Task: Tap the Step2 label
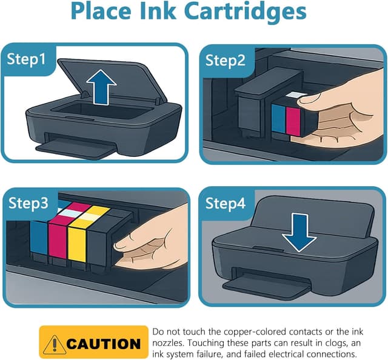(x=225, y=60)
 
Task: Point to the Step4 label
(x=225, y=203)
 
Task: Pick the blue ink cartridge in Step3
(x=39, y=242)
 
